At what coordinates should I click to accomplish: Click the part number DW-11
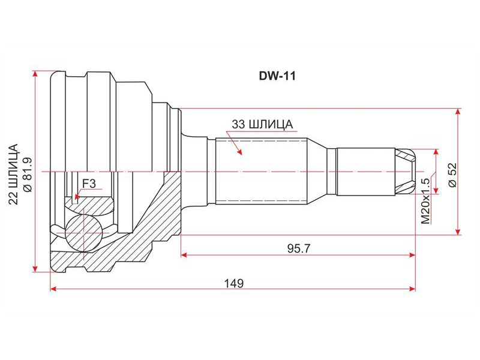(277, 76)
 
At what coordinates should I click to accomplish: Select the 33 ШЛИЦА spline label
(262, 124)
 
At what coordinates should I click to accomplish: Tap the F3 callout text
(89, 184)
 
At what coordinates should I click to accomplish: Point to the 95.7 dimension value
(298, 248)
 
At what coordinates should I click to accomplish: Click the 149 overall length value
(234, 283)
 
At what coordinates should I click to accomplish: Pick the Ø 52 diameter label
(452, 175)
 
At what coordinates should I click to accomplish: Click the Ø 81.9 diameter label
(27, 175)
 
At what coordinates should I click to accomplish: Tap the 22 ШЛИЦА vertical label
(13, 174)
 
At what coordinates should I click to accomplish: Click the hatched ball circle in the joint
(83, 233)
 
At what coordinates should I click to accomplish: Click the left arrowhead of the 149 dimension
(53, 289)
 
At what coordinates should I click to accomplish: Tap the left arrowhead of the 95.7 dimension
(185, 254)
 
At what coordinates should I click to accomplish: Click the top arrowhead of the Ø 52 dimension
(458, 112)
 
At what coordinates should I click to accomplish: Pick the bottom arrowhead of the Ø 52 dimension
(458, 231)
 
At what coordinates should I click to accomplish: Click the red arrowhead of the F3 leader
(77, 196)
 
